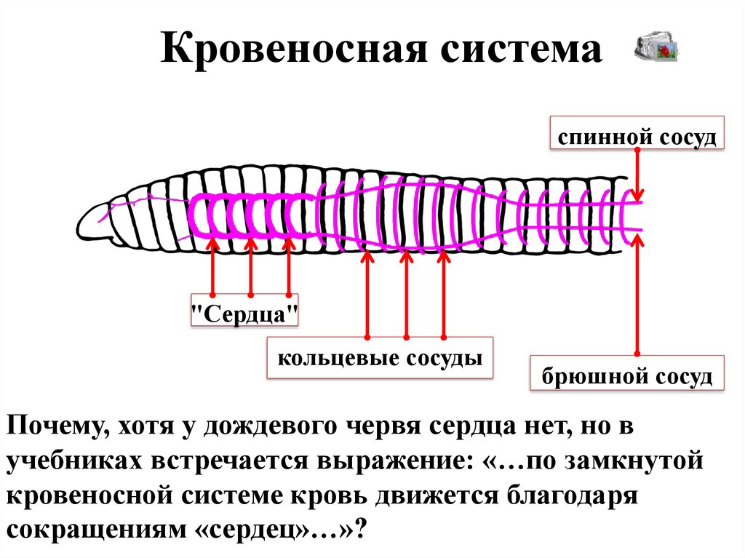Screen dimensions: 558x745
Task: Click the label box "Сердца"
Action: tap(245, 314)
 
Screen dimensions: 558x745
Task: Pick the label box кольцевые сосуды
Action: tap(380, 359)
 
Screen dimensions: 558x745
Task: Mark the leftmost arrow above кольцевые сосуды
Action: tap(367, 295)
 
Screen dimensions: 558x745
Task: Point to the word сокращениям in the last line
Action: tap(93, 529)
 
